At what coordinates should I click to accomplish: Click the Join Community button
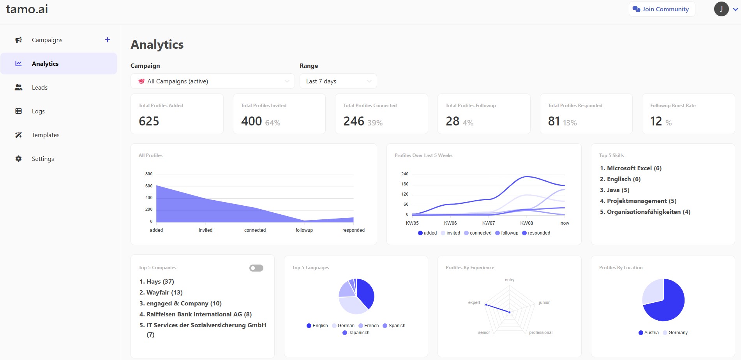click(x=662, y=9)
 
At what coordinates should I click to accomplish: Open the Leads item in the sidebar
click(x=39, y=88)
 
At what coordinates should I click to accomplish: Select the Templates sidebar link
click(x=45, y=135)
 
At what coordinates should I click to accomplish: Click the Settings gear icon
click(x=18, y=159)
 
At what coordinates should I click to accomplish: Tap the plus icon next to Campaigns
click(x=108, y=40)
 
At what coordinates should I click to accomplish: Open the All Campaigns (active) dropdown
click(x=212, y=81)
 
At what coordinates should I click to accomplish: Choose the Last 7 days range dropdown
click(x=338, y=81)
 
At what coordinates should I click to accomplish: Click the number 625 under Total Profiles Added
click(x=149, y=121)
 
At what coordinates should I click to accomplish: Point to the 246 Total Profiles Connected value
click(x=354, y=121)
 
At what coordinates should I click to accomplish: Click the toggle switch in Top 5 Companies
click(x=256, y=268)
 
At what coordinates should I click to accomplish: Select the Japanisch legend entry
click(x=356, y=333)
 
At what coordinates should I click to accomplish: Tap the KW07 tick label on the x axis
click(x=489, y=223)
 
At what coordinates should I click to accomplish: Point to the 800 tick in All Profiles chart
click(x=149, y=174)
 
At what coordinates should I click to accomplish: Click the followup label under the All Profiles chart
click(x=304, y=230)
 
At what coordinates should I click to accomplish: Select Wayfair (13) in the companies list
click(x=164, y=293)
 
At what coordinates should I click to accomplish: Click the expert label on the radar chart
click(x=474, y=302)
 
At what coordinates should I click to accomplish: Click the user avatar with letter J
click(x=721, y=9)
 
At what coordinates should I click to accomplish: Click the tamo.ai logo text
click(x=27, y=9)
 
